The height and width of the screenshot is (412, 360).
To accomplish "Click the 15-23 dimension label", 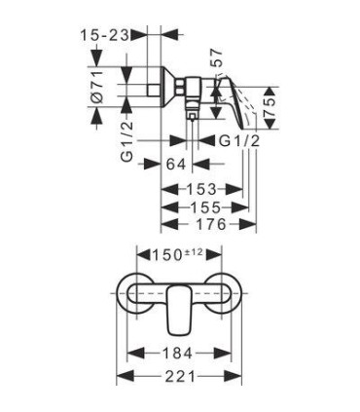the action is point(105,34).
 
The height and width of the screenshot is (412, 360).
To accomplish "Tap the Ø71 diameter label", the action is point(97,88).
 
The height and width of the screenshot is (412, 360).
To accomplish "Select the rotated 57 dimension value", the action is point(217,57).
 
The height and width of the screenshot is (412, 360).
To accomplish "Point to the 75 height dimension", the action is point(270,108).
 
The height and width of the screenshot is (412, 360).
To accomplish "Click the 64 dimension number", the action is point(176,164).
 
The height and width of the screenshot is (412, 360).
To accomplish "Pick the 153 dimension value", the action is point(200,189).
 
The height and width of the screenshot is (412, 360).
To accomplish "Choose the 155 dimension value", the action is point(205,206).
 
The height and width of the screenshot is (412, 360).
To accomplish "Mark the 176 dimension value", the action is point(210,224).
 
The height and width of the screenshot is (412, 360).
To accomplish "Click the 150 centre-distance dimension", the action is point(166,255).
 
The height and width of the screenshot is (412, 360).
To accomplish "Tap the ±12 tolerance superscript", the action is point(194,251).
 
